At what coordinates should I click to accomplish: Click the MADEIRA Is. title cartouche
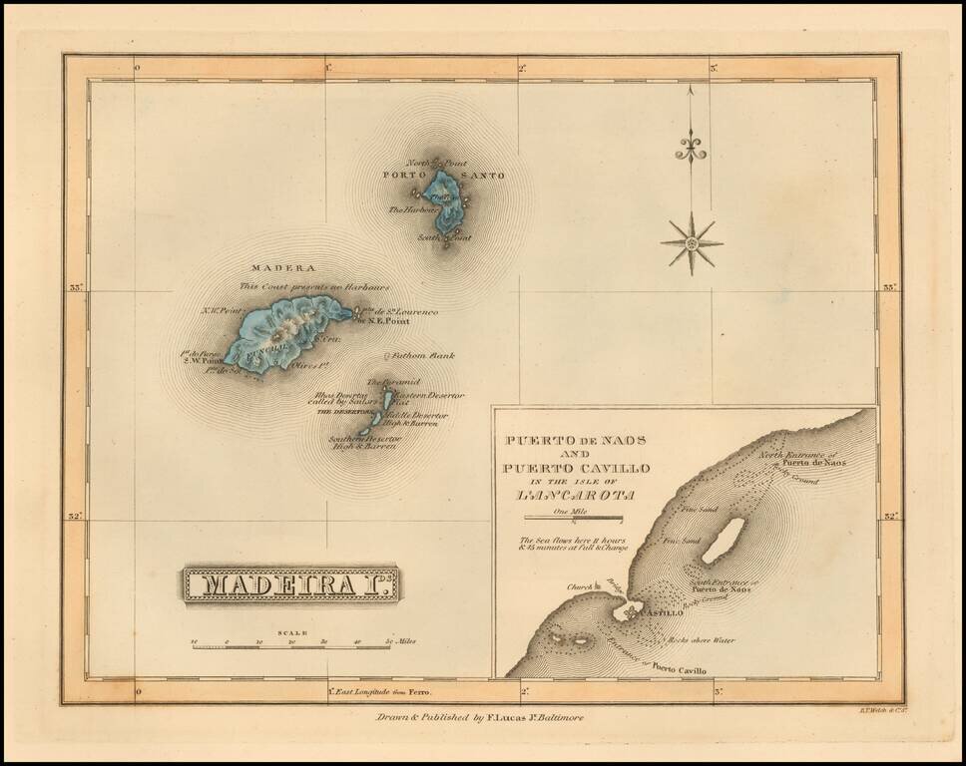click(x=290, y=585)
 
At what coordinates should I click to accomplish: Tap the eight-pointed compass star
click(x=691, y=242)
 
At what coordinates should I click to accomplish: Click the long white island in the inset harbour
click(x=724, y=540)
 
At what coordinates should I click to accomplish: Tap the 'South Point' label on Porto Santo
click(x=442, y=238)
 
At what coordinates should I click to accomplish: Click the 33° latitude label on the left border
click(x=74, y=288)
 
